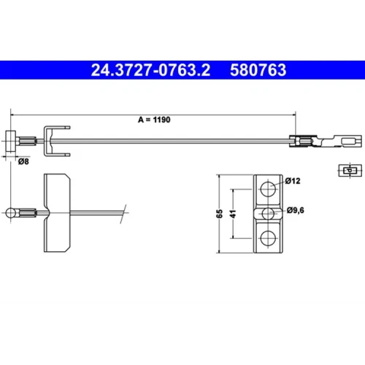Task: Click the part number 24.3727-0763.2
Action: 150,70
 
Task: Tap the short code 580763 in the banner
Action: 258,70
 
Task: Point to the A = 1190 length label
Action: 154,120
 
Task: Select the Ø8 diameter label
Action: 23,161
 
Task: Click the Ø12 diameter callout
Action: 293,181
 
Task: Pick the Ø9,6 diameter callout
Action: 296,210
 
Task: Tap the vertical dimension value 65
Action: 220,214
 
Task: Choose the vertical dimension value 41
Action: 233,214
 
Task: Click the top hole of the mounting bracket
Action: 268,188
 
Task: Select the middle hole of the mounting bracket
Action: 268,214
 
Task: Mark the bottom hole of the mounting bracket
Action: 268,239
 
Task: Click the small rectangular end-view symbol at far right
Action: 350,170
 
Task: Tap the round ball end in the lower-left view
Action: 11,213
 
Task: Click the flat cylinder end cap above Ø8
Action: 11,142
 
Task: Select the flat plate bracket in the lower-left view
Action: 57,213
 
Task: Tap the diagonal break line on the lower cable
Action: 123,214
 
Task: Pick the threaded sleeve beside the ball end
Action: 28,213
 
